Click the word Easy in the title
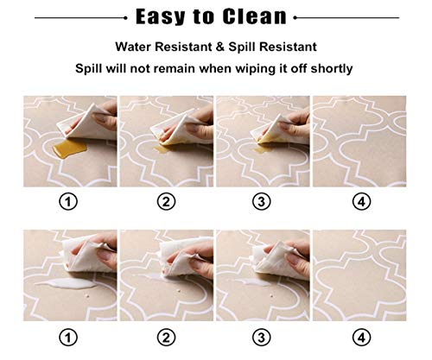click(160, 17)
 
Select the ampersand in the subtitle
click(220, 47)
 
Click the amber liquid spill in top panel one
click(69, 149)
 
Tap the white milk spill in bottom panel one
click(66, 284)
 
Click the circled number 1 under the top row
click(68, 201)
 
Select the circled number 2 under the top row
click(166, 201)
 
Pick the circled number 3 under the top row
click(262, 201)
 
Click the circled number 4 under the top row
click(361, 201)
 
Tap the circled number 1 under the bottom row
click(68, 338)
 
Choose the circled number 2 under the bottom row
click(166, 338)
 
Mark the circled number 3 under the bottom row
click(262, 338)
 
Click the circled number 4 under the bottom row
click(361, 338)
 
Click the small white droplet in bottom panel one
click(87, 295)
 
